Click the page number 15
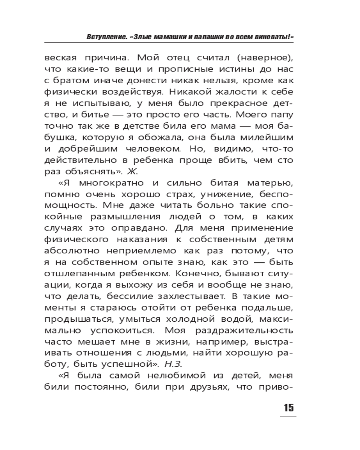click(288, 408)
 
